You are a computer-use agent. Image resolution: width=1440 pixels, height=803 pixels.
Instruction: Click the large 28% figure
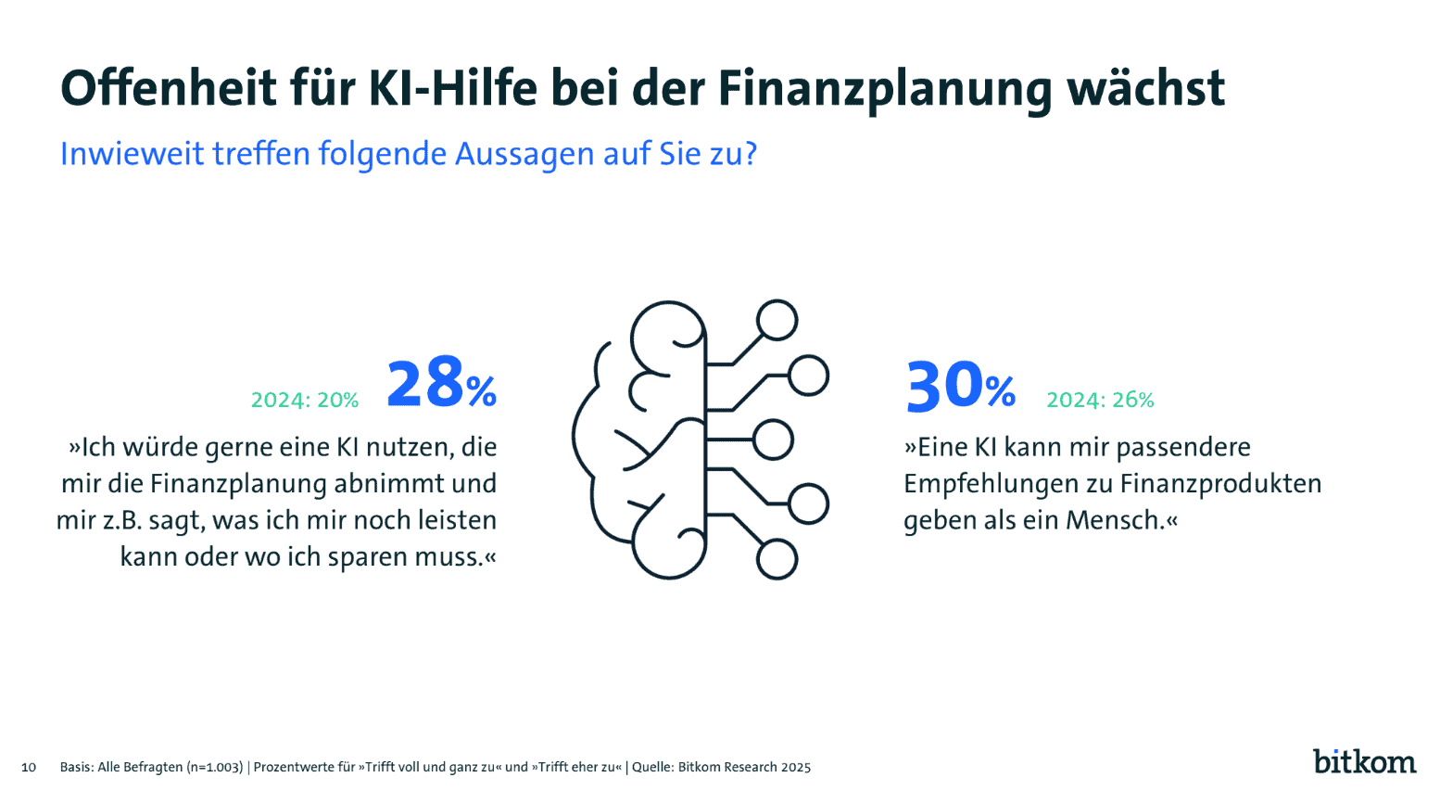[x=441, y=385]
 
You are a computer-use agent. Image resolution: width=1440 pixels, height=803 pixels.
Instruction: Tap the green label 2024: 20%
[x=305, y=400]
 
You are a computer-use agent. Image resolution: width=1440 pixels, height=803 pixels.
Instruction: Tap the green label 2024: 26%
[x=1100, y=400]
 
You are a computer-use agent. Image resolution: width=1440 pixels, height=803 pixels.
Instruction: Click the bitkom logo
[x=1364, y=761]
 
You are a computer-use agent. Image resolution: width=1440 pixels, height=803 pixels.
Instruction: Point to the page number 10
[x=29, y=767]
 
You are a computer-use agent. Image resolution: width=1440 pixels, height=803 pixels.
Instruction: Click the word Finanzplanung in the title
[x=885, y=89]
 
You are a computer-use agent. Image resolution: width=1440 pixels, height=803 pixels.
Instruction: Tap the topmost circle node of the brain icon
[x=777, y=320]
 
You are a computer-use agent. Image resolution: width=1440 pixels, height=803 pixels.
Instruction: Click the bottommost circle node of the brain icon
[x=777, y=560]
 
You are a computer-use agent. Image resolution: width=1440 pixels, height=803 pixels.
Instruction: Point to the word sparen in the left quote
[x=366, y=557]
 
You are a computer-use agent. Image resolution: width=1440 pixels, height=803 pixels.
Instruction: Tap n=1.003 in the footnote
[x=215, y=767]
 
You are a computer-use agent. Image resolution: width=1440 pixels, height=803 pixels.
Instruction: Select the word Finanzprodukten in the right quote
[x=1220, y=484]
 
